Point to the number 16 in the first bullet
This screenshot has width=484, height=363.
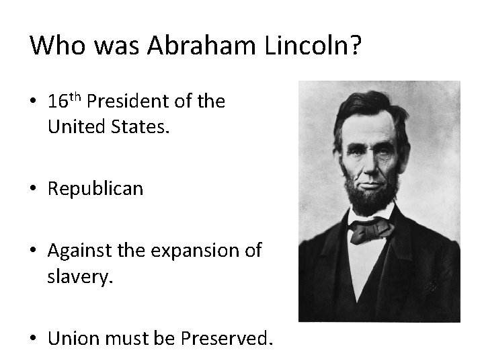tap(58, 102)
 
